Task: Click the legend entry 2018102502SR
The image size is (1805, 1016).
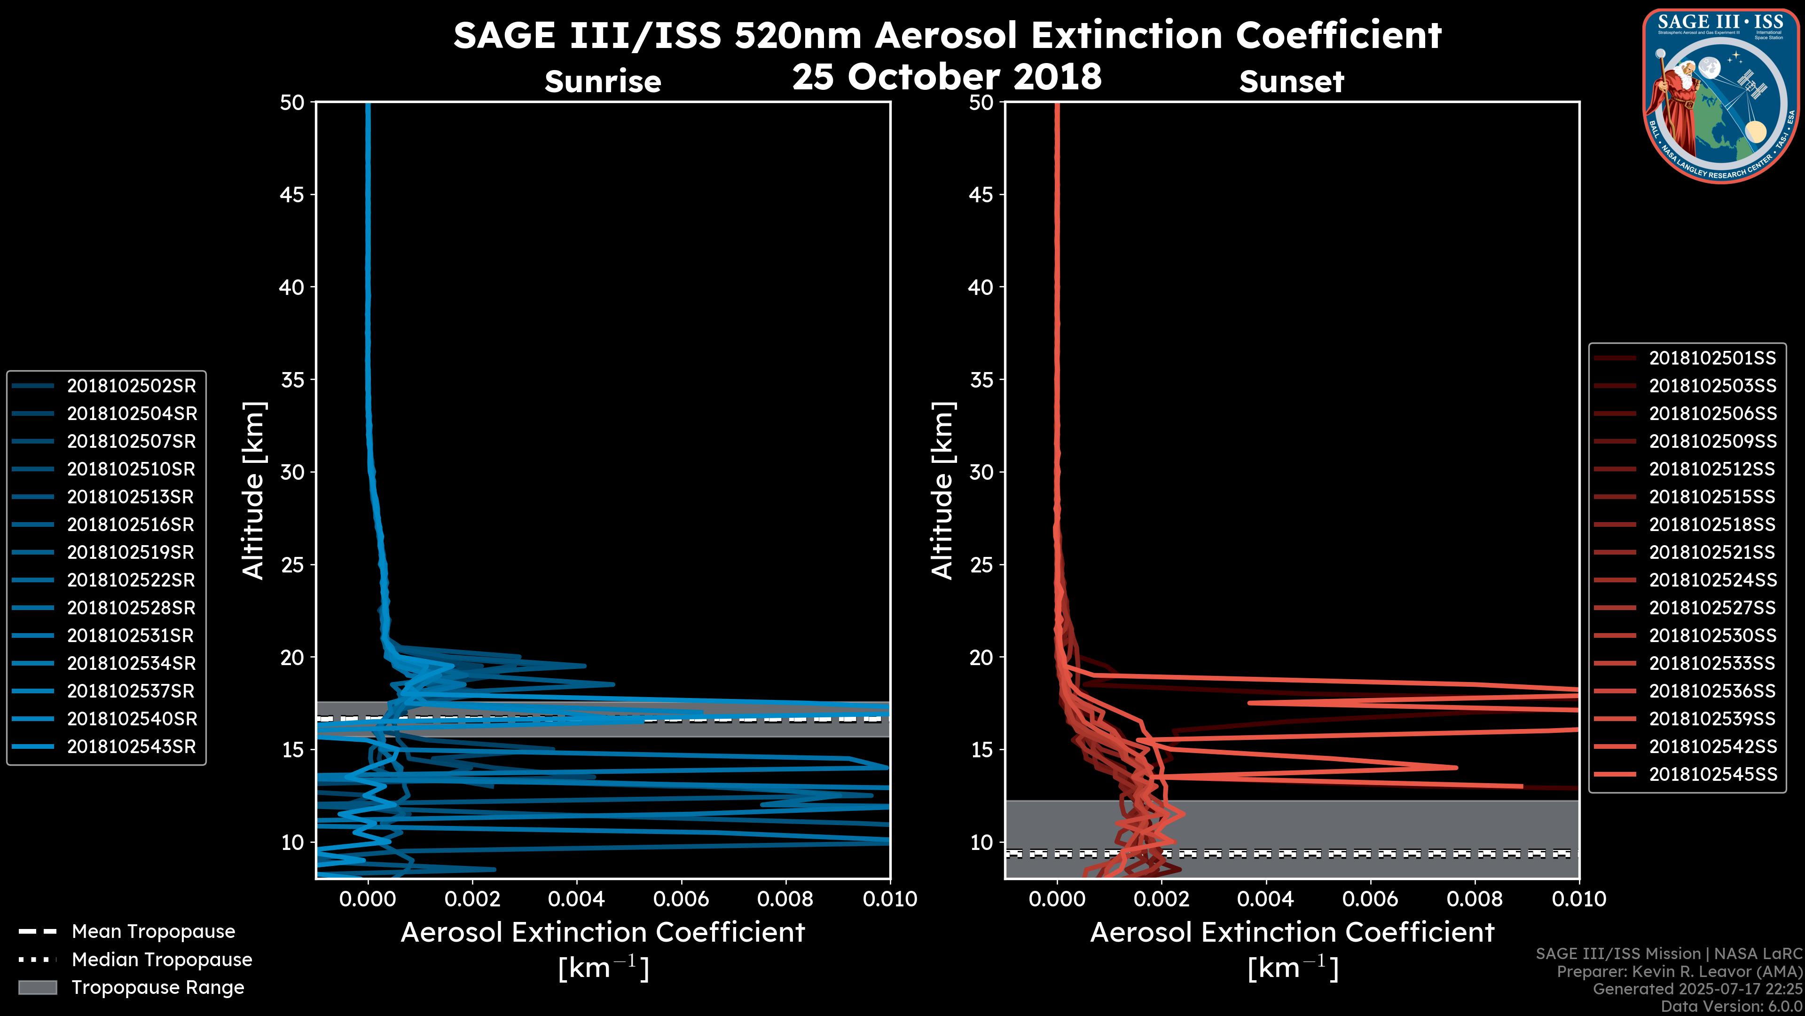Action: click(x=131, y=386)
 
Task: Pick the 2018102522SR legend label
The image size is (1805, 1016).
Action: click(x=131, y=580)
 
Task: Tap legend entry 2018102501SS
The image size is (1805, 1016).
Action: click(x=1712, y=358)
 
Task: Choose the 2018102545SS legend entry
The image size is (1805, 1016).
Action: click(x=1712, y=774)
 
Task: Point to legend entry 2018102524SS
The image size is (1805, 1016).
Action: click(x=1712, y=580)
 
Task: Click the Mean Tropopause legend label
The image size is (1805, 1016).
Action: click(x=153, y=931)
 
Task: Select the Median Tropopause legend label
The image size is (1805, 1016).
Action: click(x=161, y=959)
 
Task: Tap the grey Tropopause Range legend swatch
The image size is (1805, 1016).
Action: click(x=38, y=987)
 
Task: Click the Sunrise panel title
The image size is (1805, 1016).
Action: click(x=603, y=81)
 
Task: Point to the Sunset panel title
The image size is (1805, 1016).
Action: click(x=1291, y=81)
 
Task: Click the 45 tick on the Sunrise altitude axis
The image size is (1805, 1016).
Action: click(x=292, y=194)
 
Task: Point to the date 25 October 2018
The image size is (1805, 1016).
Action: click(x=947, y=76)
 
